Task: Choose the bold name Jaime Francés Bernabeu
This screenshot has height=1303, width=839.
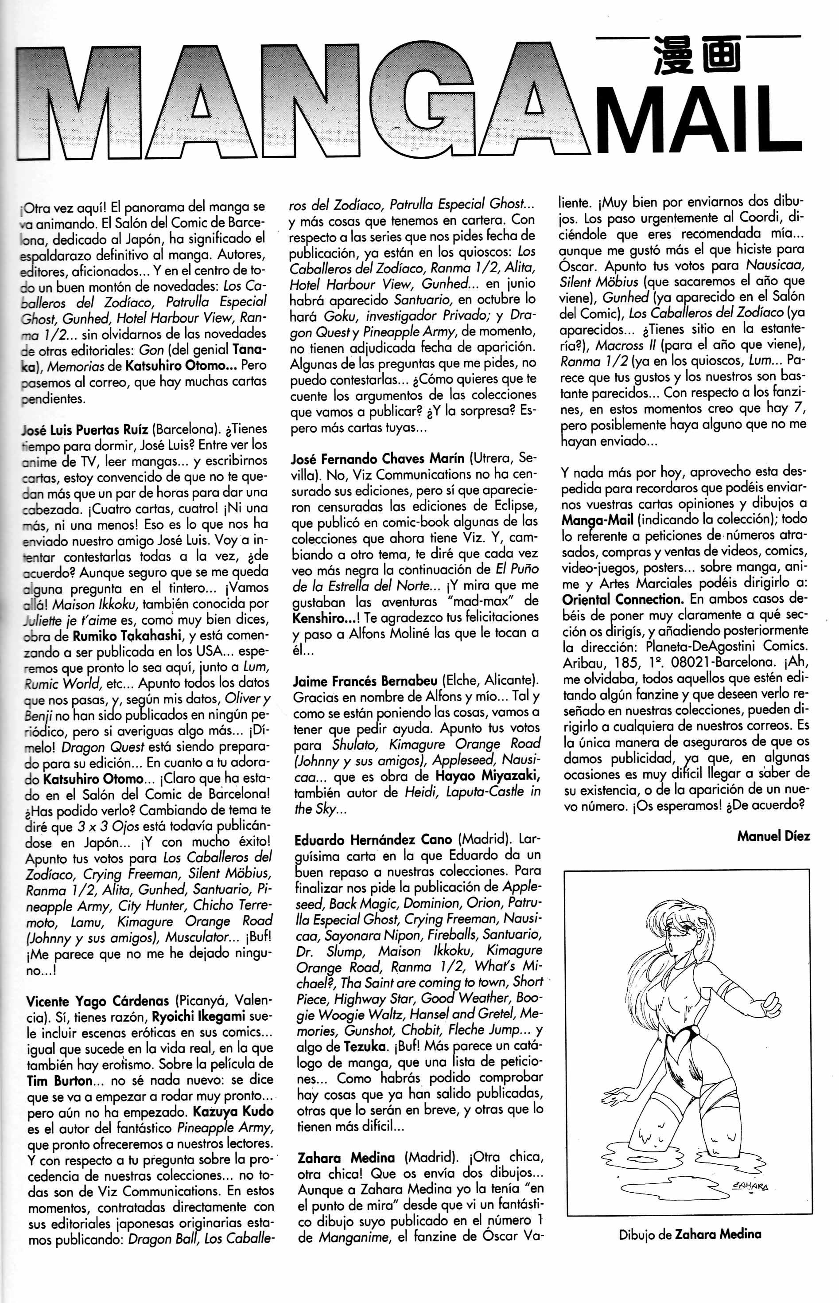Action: point(365,681)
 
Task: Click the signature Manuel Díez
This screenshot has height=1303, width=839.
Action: point(773,835)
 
